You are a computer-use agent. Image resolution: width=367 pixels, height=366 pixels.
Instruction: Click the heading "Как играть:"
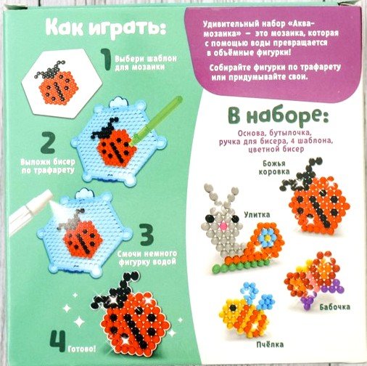[106, 29]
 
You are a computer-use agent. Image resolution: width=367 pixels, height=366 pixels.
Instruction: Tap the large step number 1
[106, 60]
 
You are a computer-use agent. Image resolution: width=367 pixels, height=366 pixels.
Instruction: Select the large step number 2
[48, 142]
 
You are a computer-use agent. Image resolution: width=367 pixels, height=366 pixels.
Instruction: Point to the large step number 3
[147, 235]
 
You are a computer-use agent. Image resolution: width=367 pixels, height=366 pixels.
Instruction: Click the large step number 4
[58, 341]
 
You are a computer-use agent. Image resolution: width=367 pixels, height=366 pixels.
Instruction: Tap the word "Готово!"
[82, 349]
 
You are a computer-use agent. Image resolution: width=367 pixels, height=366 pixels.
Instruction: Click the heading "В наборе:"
[278, 117]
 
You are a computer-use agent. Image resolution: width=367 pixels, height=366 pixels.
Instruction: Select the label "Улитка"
[257, 214]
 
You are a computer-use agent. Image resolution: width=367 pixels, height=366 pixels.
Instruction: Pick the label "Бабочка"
[334, 307]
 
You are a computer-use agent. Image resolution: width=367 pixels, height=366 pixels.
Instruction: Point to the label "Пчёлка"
[270, 344]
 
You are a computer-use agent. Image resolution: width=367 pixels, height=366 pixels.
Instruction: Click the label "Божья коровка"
[274, 168]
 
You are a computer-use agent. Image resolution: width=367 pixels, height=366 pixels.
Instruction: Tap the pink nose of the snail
[223, 226]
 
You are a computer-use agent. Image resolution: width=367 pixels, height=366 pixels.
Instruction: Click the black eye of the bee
[233, 308]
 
